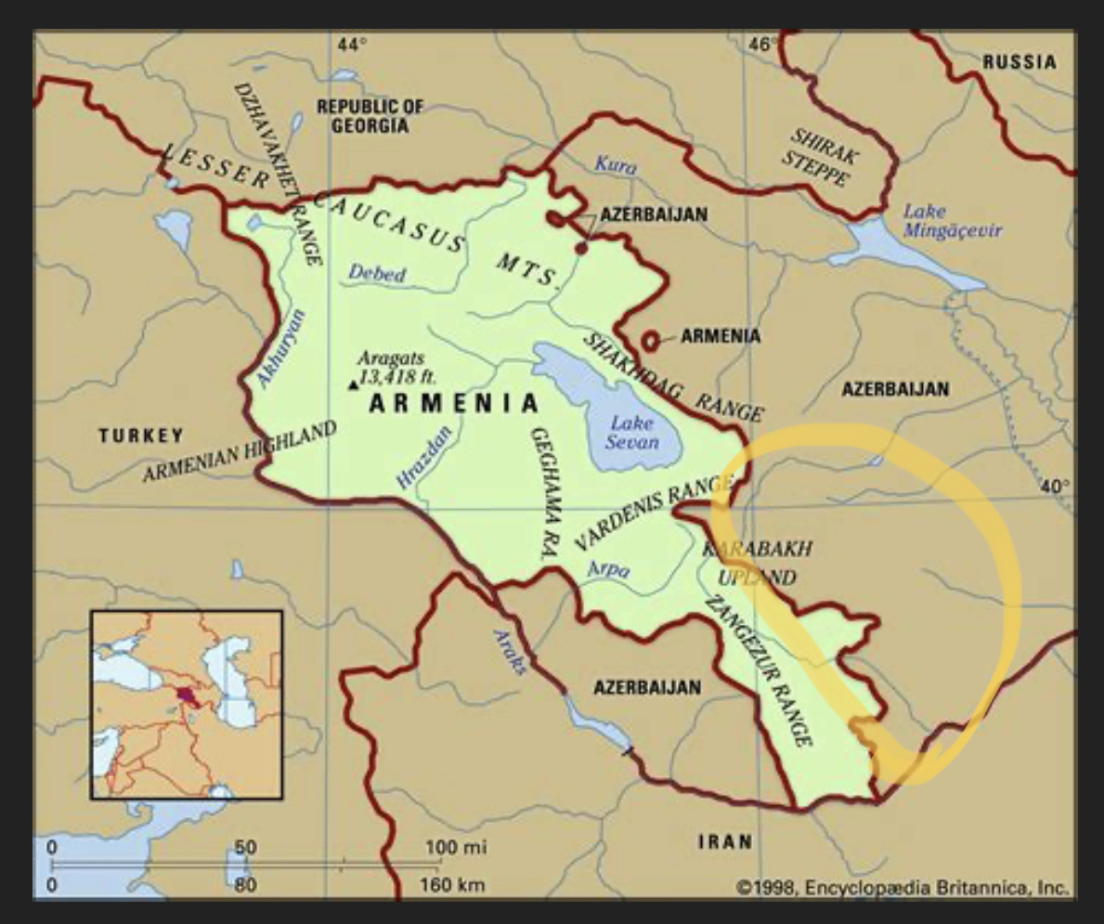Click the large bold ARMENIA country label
454,403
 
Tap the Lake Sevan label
631,432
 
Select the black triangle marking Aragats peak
352,384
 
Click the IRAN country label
725,841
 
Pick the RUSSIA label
1020,62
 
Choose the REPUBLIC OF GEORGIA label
370,116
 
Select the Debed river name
377,274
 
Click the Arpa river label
609,568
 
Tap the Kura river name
615,165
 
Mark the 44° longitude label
352,45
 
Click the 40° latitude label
1054,485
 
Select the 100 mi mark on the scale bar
456,847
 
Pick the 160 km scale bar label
453,884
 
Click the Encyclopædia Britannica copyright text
903,886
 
